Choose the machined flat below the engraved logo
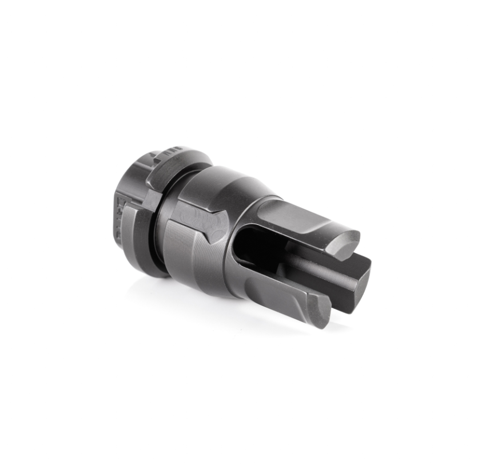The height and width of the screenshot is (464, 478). click(189, 252)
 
